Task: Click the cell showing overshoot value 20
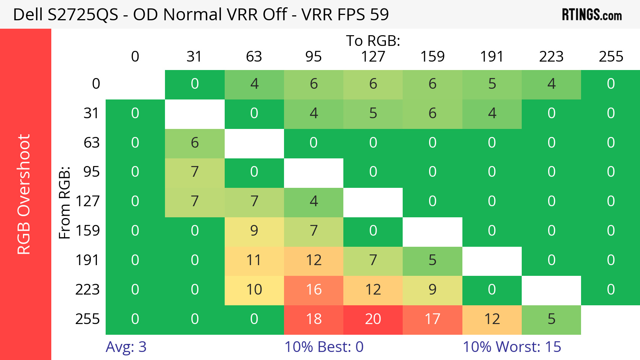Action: coord(373,319)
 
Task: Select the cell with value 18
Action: coord(313,319)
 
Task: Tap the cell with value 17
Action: coord(432,319)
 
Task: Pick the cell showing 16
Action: coord(313,290)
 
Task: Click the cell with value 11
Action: coord(254,260)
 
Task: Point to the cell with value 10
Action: coord(254,290)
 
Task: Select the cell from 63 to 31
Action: coord(194,143)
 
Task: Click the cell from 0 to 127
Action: coord(373,84)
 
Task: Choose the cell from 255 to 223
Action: coord(551,319)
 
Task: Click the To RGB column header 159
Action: coord(432,57)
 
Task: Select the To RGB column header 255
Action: coord(611,57)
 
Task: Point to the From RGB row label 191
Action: coord(87,260)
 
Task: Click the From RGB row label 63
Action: coord(91,143)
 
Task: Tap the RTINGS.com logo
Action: coord(591,15)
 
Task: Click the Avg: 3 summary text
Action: coord(126,347)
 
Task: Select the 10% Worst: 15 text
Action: coord(512,347)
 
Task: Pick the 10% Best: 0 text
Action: coord(324,347)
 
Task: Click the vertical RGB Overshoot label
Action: coord(24,194)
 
